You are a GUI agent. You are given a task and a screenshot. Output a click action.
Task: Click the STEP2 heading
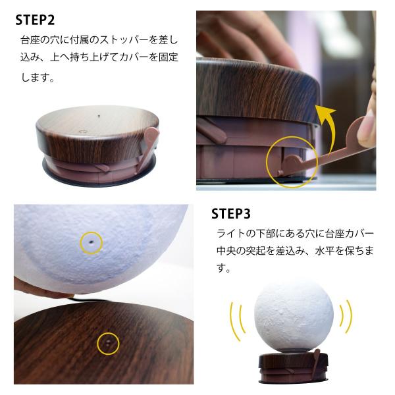[35, 20]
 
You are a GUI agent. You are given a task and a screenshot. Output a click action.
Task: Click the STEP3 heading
[231, 214]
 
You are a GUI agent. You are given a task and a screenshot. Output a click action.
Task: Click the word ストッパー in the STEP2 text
[124, 40]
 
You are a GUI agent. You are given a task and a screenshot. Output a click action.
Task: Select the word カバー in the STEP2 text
[134, 57]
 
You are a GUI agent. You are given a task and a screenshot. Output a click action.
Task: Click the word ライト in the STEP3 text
[231, 234]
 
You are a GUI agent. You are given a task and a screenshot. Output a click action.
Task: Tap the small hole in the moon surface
[91, 242]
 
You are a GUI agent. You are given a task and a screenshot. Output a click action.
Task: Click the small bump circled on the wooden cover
[108, 343]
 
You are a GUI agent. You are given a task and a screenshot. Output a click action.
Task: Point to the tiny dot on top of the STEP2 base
[99, 116]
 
